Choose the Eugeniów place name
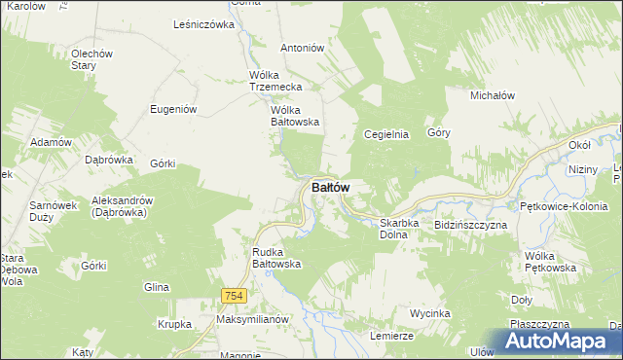pos(174,109)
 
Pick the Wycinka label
pos(429,313)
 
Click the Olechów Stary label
pos(92,59)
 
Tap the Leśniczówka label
pos(203,24)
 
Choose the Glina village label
pos(156,287)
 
